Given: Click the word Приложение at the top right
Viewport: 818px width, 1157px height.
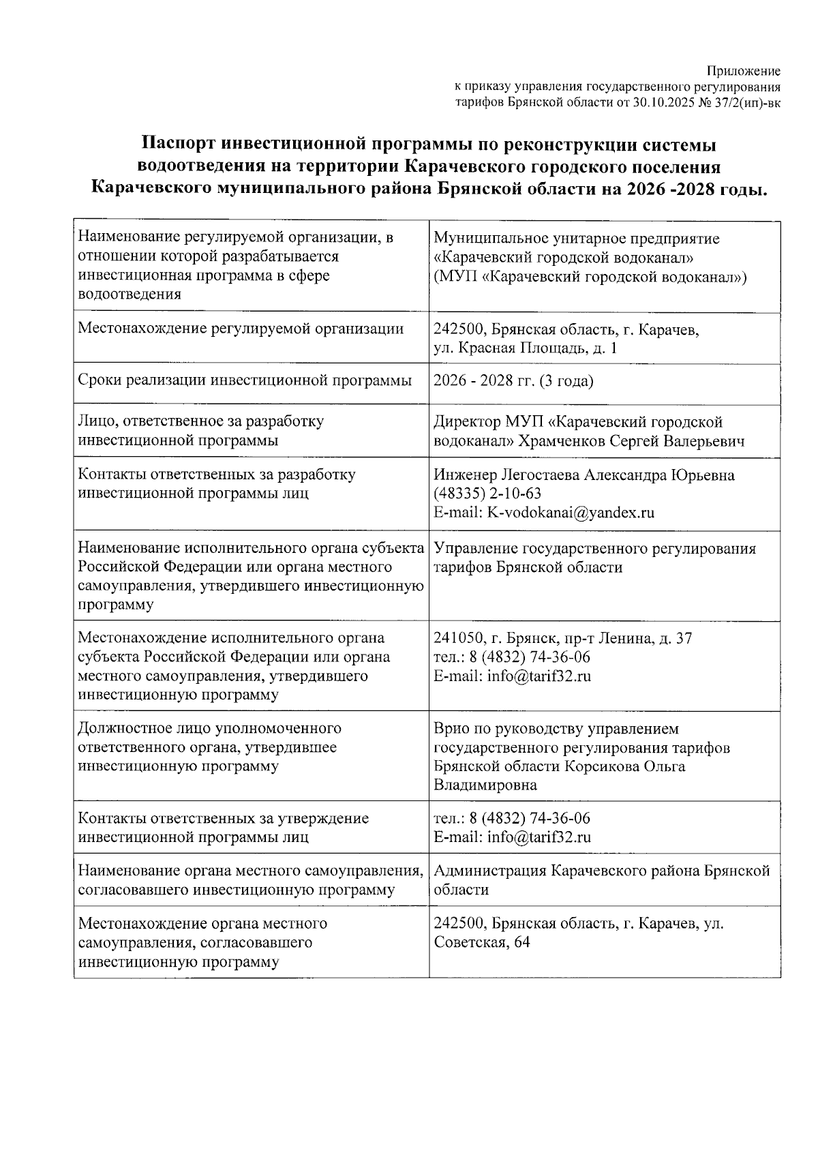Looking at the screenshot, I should (x=743, y=72).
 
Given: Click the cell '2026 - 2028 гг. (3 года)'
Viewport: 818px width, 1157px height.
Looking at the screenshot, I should (x=513, y=380).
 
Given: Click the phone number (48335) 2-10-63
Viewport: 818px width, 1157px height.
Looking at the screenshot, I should (x=487, y=493).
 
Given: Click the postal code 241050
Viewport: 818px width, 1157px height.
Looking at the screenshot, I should (x=458, y=639).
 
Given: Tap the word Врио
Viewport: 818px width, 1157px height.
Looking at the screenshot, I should (x=452, y=729).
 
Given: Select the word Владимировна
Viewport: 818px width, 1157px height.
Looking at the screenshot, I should (x=485, y=785).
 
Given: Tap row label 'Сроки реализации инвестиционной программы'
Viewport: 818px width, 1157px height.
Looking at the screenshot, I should (x=245, y=380).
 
